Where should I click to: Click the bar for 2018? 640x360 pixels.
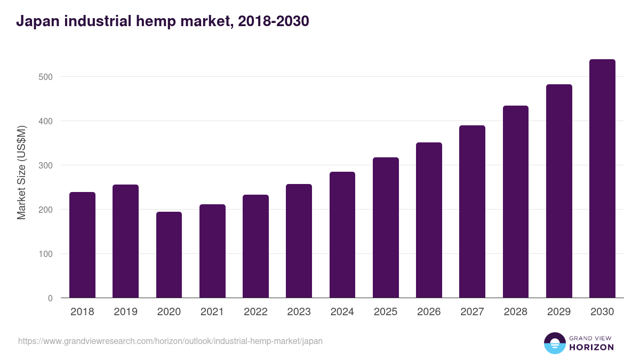(82, 245)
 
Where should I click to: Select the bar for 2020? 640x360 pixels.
(169, 255)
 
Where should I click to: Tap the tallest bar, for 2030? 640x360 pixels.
(602, 179)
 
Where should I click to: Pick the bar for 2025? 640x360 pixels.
(386, 228)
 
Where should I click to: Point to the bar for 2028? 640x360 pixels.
(515, 202)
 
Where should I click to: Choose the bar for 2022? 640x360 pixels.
(255, 246)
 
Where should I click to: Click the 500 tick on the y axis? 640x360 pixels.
(46, 77)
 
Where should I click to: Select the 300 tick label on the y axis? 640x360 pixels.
(46, 165)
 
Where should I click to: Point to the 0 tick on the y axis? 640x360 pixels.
(50, 298)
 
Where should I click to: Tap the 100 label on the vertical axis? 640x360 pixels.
(46, 254)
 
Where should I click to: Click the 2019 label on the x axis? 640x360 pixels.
(125, 312)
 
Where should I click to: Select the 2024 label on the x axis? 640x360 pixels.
(342, 312)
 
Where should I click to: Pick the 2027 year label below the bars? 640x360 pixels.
(472, 312)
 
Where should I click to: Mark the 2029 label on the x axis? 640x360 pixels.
(559, 312)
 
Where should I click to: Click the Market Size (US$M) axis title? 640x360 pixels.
(21, 173)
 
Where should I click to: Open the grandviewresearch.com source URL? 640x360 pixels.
(170, 341)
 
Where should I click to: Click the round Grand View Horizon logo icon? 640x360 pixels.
(554, 343)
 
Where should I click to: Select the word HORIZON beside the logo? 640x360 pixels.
(591, 347)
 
